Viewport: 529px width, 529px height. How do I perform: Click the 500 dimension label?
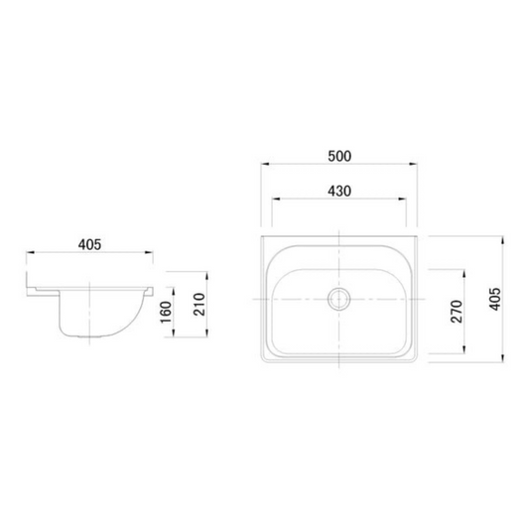(x=339, y=156)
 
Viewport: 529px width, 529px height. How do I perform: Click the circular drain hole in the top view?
(x=339, y=298)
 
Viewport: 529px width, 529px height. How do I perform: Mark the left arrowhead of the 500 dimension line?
(x=264, y=165)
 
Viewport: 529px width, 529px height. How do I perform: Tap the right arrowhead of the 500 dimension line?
(x=415, y=165)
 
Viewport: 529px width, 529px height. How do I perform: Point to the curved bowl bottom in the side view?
(x=93, y=337)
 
